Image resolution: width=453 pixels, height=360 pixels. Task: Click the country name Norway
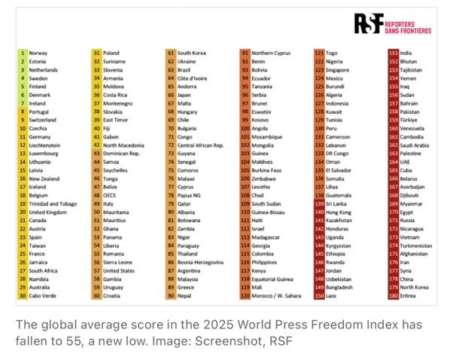[39, 53]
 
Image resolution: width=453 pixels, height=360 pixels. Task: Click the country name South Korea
[193, 53]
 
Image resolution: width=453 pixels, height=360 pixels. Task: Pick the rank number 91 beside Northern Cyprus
[245, 53]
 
